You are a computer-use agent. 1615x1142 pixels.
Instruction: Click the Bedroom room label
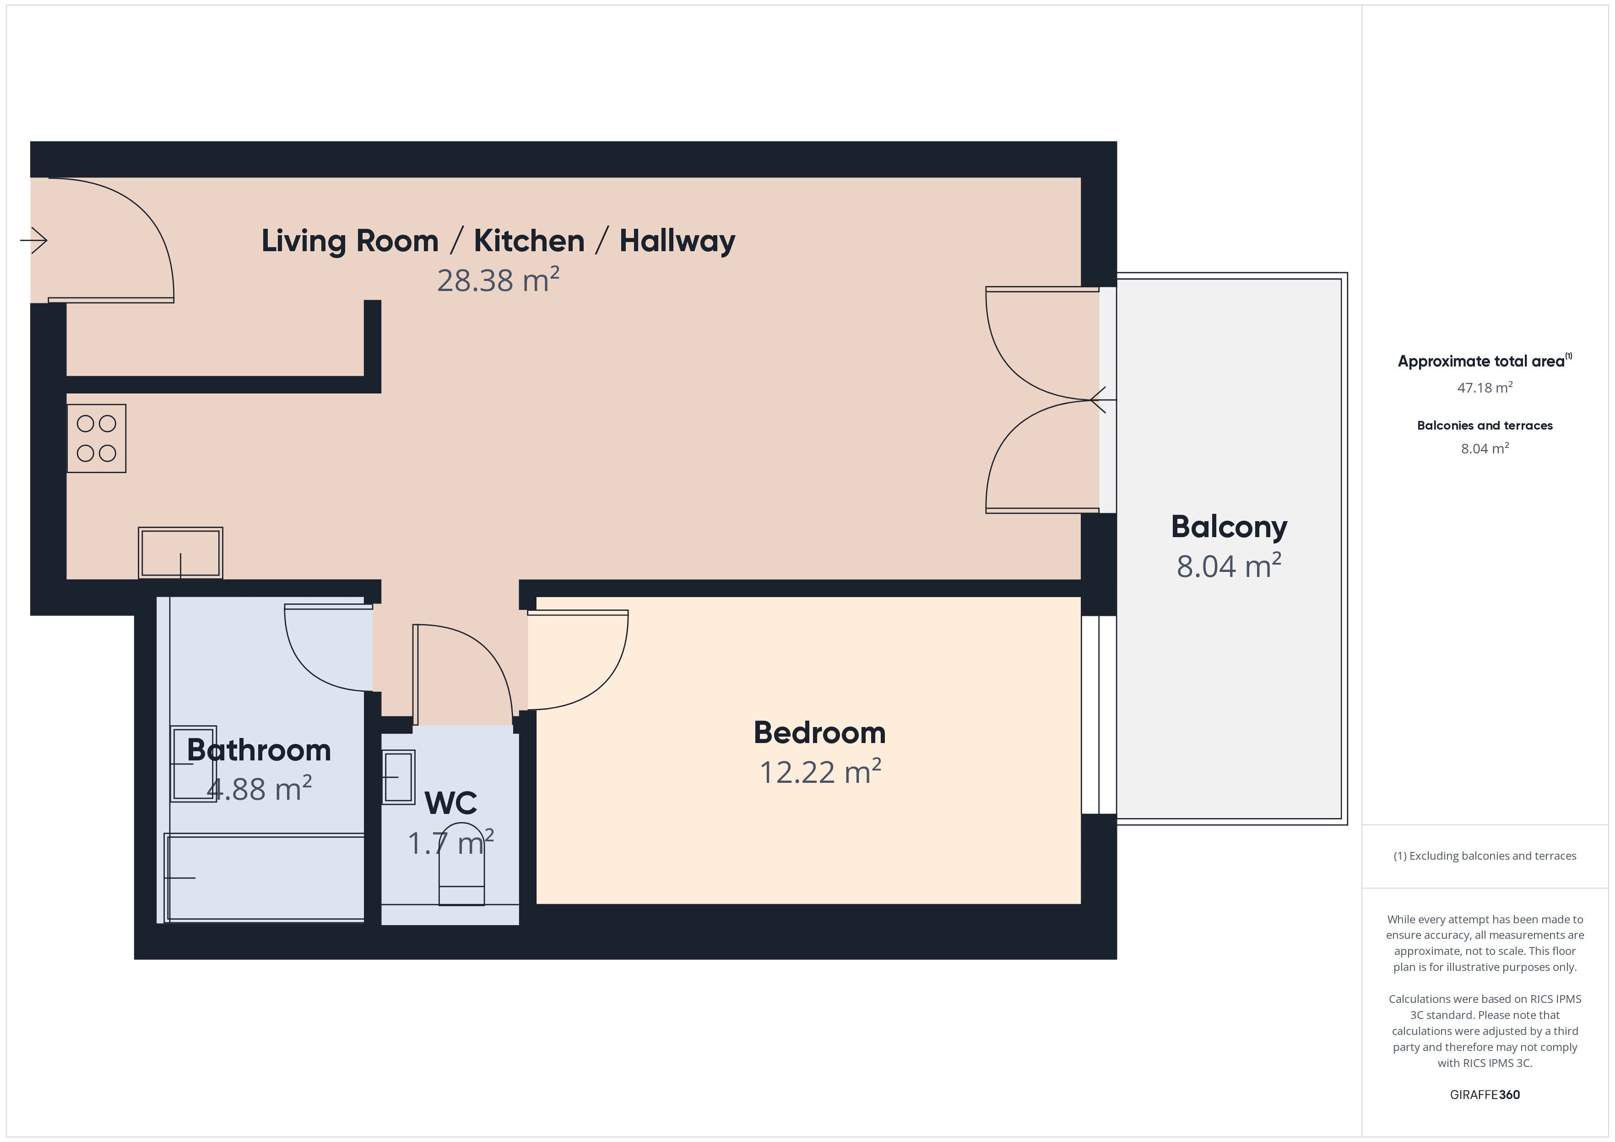click(x=819, y=733)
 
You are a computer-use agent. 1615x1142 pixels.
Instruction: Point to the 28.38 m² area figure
click(x=498, y=280)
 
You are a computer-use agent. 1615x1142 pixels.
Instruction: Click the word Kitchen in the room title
click(x=529, y=241)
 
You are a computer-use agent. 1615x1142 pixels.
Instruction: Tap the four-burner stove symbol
click(x=97, y=438)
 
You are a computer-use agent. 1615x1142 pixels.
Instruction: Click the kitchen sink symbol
click(x=181, y=553)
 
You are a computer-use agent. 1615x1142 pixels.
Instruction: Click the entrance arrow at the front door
click(x=34, y=241)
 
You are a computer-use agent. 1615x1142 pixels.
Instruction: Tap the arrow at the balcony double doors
click(x=1103, y=400)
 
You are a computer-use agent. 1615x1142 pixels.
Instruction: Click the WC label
click(x=451, y=803)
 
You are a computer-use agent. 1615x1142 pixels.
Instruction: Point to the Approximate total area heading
click(x=1484, y=361)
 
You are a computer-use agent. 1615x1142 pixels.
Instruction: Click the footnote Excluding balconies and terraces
click(x=1485, y=856)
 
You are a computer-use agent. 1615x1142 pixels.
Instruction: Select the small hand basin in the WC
click(x=399, y=777)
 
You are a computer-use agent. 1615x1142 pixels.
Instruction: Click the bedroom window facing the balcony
click(x=1099, y=715)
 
